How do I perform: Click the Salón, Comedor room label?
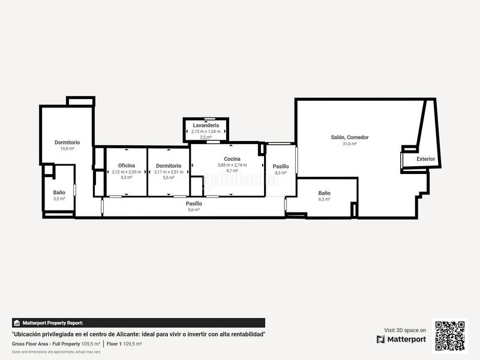(350, 137)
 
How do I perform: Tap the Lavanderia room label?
(206, 125)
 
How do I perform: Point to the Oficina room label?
(126, 166)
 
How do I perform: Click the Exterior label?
(426, 159)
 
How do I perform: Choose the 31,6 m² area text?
(350, 144)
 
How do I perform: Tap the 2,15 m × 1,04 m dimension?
(206, 131)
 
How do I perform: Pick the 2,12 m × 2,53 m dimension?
(126, 172)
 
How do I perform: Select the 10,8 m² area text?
(67, 148)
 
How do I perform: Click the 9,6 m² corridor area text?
(194, 209)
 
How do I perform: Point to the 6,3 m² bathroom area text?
(324, 199)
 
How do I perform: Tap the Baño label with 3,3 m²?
(59, 193)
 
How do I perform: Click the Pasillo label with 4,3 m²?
(281, 166)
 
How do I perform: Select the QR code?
(450, 335)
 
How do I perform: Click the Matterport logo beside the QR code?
(401, 339)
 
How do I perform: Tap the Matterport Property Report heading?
(53, 323)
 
